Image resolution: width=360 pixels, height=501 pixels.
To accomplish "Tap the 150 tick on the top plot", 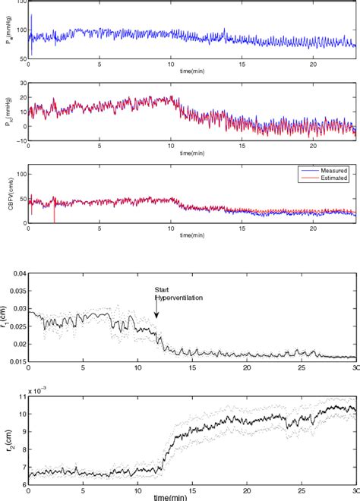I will [x=21, y=2].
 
